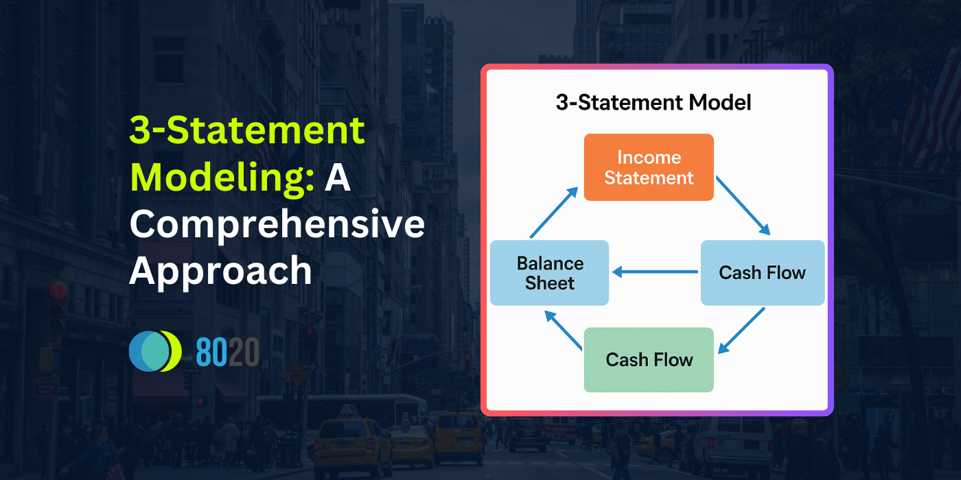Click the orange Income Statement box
click(x=649, y=167)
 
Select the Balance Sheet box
click(x=549, y=273)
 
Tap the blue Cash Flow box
click(x=762, y=273)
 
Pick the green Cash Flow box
click(x=649, y=360)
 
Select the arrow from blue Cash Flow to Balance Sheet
click(x=655, y=272)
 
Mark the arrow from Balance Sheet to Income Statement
click(x=553, y=213)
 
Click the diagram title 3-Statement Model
click(x=653, y=103)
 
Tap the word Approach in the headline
click(x=220, y=271)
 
